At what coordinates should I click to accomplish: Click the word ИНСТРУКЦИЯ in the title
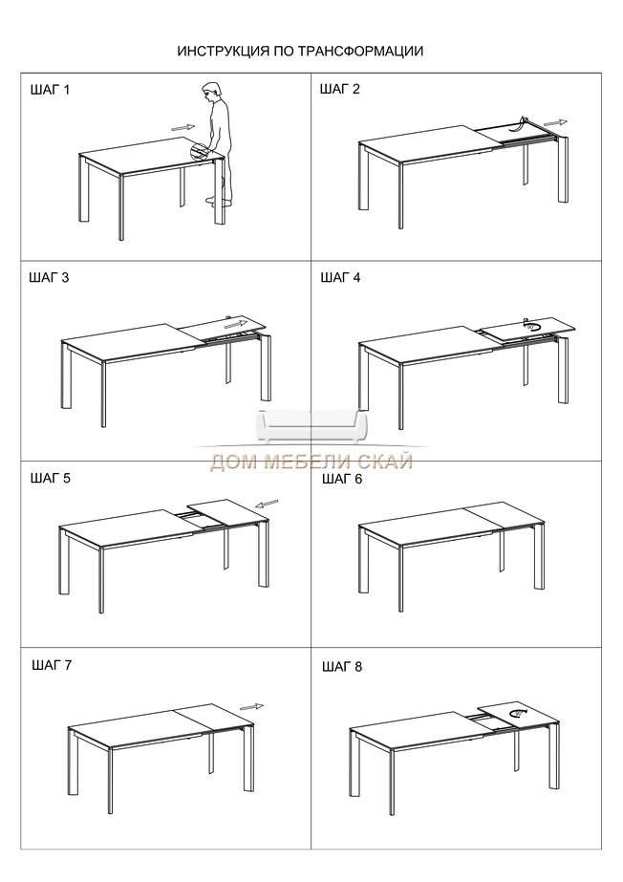224,52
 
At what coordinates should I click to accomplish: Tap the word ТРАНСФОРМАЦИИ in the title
360,52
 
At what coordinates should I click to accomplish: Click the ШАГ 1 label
50,90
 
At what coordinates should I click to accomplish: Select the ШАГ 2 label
339,89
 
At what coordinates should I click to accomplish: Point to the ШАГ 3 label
49,277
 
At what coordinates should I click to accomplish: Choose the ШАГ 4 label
341,277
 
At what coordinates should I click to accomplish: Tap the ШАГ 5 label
51,479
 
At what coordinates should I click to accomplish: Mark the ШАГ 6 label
342,480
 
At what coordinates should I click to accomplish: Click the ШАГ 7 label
52,665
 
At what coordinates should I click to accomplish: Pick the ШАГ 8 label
342,667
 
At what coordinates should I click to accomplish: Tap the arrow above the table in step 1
183,128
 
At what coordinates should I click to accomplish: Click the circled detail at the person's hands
199,152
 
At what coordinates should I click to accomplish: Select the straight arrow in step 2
555,122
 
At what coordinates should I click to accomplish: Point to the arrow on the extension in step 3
236,325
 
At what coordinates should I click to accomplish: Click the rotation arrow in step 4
532,325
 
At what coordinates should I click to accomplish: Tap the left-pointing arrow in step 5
268,504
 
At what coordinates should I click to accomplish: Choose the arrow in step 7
251,707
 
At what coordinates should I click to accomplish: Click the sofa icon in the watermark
312,427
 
